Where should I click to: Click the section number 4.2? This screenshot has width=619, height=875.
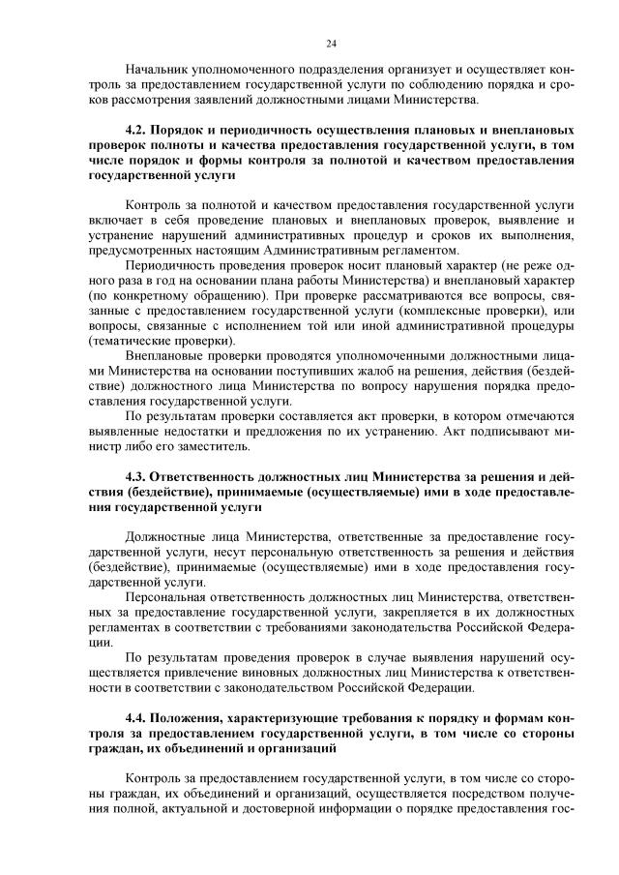coord(136,130)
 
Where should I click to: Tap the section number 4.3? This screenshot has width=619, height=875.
coord(136,477)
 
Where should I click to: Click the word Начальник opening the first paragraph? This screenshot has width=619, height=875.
coord(159,71)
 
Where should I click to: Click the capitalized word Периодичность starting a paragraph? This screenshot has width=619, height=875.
coord(173,263)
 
